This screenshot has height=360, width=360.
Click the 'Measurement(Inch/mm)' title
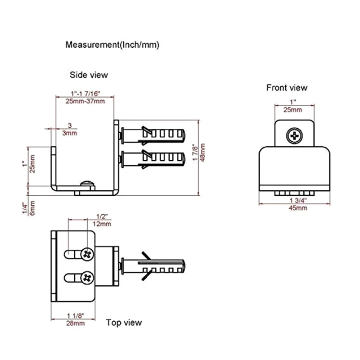(112, 45)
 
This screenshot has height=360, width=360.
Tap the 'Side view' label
(89, 75)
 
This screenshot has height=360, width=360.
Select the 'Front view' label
(287, 88)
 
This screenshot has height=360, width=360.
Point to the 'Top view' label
(124, 322)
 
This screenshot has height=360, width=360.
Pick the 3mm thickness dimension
(69, 133)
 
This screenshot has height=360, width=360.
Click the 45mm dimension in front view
(298, 208)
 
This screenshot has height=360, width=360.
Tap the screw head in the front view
(295, 135)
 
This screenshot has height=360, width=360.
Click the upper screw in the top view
(87, 255)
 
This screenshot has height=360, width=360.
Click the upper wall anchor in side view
(153, 134)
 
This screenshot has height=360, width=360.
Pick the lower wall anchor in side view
(153, 159)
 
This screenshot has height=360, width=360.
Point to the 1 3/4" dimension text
(298, 200)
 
